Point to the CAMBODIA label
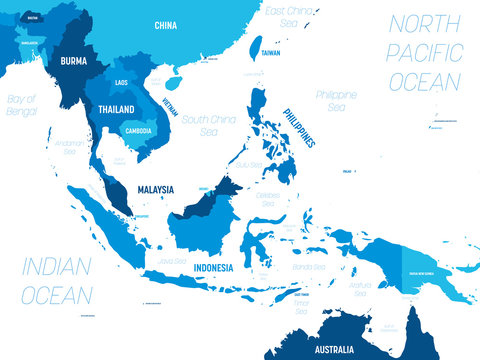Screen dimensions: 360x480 [x=137, y=131]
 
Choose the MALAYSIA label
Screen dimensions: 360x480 [x=154, y=189]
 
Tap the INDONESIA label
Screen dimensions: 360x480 [x=214, y=268]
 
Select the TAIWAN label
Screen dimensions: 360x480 [x=271, y=51]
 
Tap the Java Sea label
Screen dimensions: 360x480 [x=172, y=260]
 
